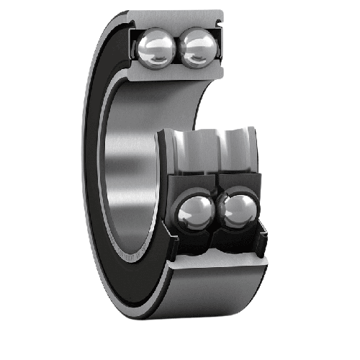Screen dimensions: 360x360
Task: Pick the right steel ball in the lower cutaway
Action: pyautogui.click(x=238, y=211)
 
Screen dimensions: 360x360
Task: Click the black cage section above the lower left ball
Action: pyautogui.click(x=189, y=181)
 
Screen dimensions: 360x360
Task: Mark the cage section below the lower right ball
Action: pyautogui.click(x=238, y=241)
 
